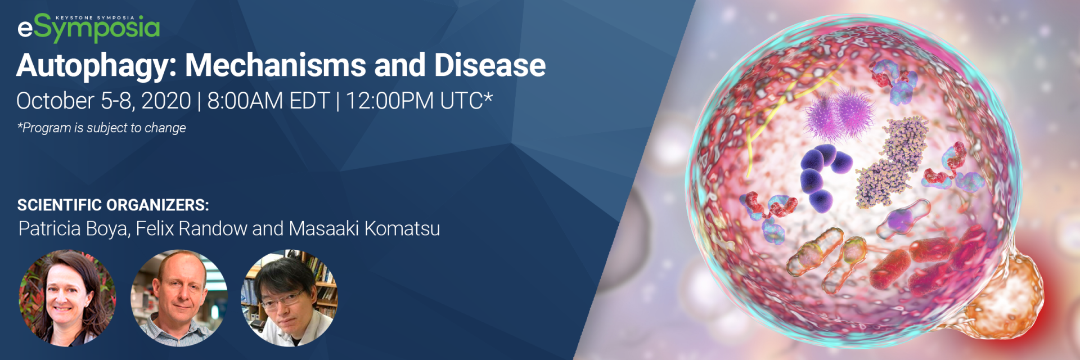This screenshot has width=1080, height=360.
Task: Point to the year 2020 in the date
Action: pyautogui.click(x=166, y=101)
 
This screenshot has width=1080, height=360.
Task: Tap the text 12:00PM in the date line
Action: pyautogui.click(x=389, y=101)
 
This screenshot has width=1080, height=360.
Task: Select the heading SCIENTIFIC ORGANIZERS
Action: pyautogui.click(x=113, y=205)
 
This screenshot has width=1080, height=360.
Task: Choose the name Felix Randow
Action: pyautogui.click(x=191, y=228)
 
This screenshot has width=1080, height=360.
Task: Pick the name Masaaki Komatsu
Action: pyautogui.click(x=364, y=228)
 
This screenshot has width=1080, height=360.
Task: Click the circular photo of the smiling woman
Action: pyautogui.click(x=67, y=298)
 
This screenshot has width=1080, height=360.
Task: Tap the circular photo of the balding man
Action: pyautogui.click(x=179, y=298)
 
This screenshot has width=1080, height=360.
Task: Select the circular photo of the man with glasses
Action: pyautogui.click(x=289, y=298)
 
